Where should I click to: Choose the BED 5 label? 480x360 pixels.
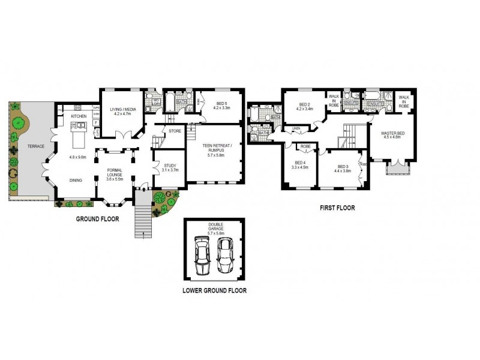pos(222,103)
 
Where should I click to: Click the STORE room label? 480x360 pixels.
pos(175,130)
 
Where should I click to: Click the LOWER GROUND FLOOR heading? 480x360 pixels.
pos(214,290)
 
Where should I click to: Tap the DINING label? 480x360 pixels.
pos(76,179)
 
